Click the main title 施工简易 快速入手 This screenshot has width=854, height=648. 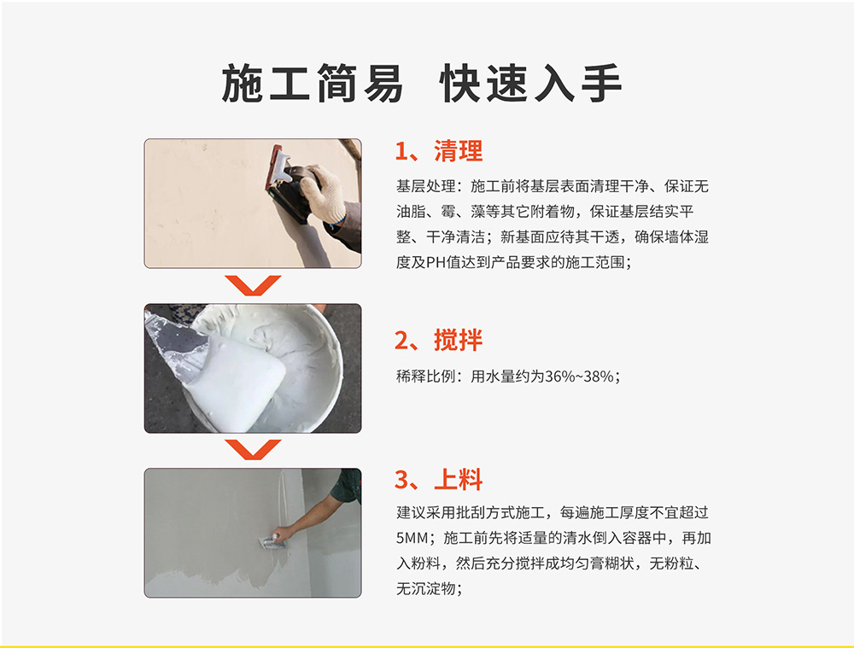click(x=422, y=83)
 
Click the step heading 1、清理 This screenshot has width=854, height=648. click(x=439, y=151)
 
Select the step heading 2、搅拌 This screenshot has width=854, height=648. click(x=439, y=341)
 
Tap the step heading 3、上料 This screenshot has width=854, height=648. click(x=439, y=480)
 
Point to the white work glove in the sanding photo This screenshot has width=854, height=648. click(x=323, y=193)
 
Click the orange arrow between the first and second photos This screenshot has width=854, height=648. click(x=253, y=285)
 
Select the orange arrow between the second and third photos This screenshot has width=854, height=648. click(x=253, y=449)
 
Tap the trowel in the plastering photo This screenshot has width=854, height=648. click(x=271, y=540)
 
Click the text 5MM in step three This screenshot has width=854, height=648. click(x=412, y=539)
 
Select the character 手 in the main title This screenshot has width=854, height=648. click(x=602, y=83)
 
